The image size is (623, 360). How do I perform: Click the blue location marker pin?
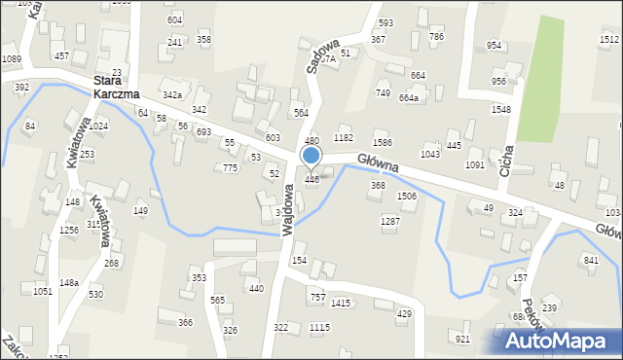[x=311, y=156]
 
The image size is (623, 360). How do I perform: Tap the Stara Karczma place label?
[x=116, y=88]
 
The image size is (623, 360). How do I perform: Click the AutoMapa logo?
[x=563, y=340]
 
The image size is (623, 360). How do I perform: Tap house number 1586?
[x=383, y=144]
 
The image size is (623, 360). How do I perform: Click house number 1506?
[x=407, y=197]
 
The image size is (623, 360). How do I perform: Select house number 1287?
[x=390, y=222]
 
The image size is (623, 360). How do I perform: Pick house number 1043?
[x=429, y=155]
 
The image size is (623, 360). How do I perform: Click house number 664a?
[x=409, y=98]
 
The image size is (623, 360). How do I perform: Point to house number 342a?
[x=172, y=95]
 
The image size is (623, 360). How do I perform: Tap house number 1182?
[x=343, y=138]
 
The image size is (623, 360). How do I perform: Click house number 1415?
[x=340, y=304]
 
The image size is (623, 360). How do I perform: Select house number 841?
[x=590, y=260]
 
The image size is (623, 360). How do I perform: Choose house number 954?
[x=495, y=46]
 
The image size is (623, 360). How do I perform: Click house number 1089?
[x=12, y=59]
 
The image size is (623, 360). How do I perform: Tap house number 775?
[x=230, y=168]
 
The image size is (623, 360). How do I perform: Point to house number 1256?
[x=68, y=231]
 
